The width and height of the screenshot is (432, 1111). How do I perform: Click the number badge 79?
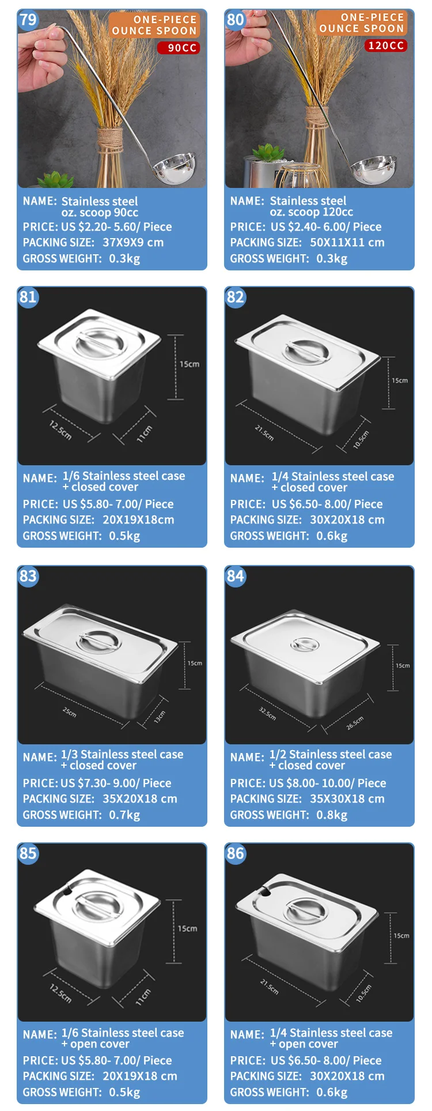pos(28,20)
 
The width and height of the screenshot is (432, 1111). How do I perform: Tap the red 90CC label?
pos(179,48)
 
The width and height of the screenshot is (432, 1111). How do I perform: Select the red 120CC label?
pos(386,45)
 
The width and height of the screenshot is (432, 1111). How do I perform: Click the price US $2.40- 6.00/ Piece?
pos(326,227)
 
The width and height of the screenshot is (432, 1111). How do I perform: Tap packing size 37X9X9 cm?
pos(133,242)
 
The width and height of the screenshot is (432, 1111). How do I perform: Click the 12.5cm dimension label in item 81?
pos(60,430)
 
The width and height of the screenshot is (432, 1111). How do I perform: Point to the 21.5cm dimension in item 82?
pos(264,432)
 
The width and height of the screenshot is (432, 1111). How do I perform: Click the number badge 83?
pos(28,576)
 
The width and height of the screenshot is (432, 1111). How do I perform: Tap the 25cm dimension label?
pos(69,712)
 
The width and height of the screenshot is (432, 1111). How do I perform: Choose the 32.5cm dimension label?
pos(267,714)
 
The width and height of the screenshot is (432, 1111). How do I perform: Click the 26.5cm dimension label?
pos(355,723)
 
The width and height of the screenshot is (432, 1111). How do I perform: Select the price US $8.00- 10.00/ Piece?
pos(328,783)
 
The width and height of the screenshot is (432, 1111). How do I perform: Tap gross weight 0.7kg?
pos(124,815)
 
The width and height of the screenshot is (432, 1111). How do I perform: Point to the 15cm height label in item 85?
pos(187,929)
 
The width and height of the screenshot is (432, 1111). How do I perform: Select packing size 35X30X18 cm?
pos(347,799)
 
